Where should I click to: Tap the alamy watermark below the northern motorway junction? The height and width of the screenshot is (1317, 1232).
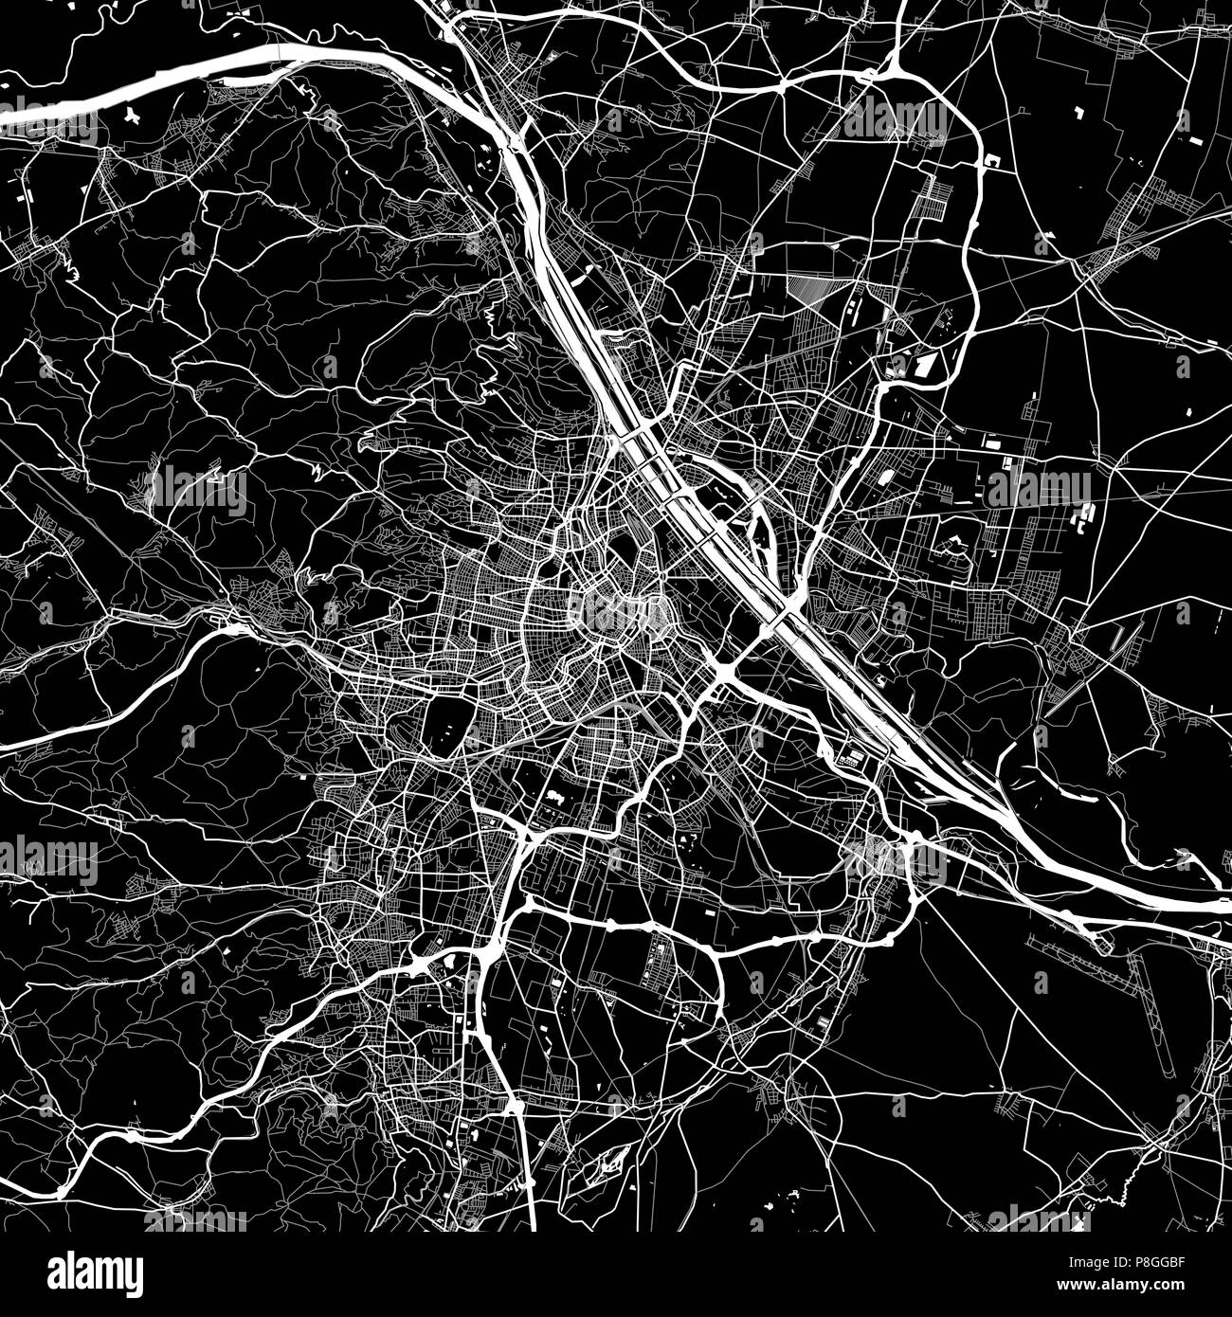click(x=895, y=121)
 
